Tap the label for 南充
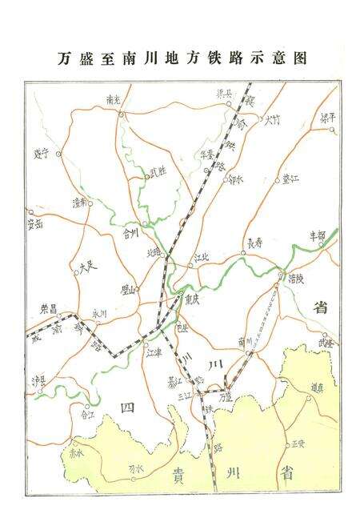pyautogui.click(x=112, y=101)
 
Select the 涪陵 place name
pyautogui.click(x=296, y=279)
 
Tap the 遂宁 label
pyautogui.click(x=42, y=152)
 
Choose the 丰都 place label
pyautogui.click(x=318, y=236)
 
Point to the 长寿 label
pyautogui.click(x=254, y=242)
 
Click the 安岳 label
pyautogui.click(x=35, y=223)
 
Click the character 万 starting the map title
pyautogui.click(x=66, y=58)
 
